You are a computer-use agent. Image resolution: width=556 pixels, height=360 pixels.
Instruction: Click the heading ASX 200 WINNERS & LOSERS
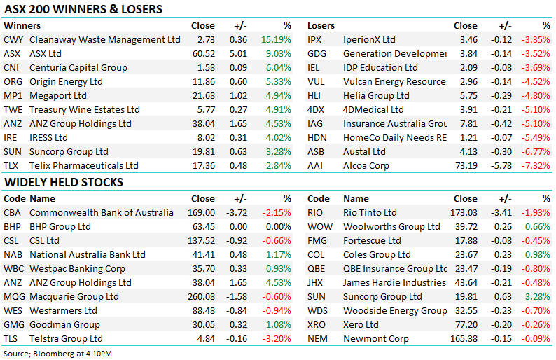83,9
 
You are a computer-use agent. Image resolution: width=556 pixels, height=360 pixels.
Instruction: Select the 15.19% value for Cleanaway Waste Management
276,39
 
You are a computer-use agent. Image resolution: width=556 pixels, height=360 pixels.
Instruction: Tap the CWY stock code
13,39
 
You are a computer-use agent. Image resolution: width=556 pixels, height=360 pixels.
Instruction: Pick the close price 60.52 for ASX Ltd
204,53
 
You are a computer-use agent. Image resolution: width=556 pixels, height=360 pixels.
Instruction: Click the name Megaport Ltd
58,96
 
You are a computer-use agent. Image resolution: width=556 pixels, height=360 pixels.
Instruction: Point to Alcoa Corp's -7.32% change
536,165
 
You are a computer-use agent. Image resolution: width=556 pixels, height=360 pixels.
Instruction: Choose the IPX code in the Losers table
314,39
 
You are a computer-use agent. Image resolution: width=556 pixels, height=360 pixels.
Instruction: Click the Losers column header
321,25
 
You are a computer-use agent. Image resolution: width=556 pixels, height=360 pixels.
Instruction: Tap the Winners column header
22,25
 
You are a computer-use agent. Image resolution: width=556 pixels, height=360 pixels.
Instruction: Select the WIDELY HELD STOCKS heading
64,182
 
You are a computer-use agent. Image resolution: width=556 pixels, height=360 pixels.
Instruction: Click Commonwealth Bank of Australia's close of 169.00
201,212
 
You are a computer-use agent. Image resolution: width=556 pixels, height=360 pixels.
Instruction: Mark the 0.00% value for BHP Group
279,227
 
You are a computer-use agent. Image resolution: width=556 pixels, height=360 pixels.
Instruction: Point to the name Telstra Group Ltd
66,339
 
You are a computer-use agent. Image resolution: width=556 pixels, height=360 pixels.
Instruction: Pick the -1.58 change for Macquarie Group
237,296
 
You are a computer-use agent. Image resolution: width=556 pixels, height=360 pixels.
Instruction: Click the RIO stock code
315,212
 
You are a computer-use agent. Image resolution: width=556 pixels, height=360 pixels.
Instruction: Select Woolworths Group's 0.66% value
538,227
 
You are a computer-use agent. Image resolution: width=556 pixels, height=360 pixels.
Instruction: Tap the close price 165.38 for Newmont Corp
464,339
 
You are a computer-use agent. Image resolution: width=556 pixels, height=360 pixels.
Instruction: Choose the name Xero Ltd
361,324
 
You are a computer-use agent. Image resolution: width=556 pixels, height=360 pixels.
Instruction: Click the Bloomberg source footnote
57,354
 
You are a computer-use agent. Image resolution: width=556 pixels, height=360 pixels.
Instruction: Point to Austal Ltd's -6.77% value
536,152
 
